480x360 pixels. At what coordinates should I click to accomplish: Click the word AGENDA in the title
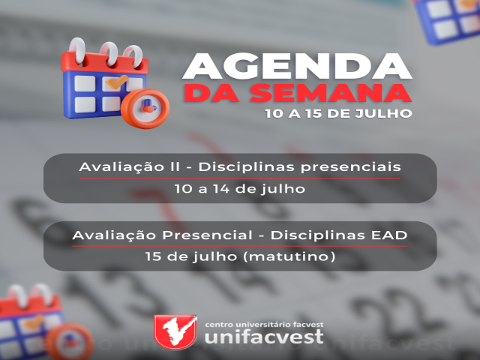pos(297,67)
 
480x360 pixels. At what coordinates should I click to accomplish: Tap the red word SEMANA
pos(331,93)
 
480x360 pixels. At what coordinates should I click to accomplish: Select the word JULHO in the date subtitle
pos(383,113)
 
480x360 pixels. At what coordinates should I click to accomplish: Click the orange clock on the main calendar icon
pos(145,108)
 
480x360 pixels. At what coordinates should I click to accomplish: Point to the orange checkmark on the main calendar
pos(117,82)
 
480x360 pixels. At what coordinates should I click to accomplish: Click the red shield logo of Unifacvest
pos(175,331)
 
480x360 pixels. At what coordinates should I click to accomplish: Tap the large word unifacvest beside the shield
pos(264,337)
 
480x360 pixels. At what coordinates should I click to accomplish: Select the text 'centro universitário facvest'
pos(264,324)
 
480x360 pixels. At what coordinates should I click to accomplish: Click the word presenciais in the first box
pos(350,168)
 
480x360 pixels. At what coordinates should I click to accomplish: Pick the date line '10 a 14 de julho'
pos(240,189)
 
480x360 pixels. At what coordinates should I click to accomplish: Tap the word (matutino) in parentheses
pos(289,256)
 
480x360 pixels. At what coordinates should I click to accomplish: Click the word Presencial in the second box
pos(208,235)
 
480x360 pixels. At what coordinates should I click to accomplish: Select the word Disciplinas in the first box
pos(247,167)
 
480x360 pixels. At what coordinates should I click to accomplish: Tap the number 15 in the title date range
pos(313,113)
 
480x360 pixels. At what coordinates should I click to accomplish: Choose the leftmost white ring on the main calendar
pos(77,50)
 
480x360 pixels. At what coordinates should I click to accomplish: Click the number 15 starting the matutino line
pos(153,256)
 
